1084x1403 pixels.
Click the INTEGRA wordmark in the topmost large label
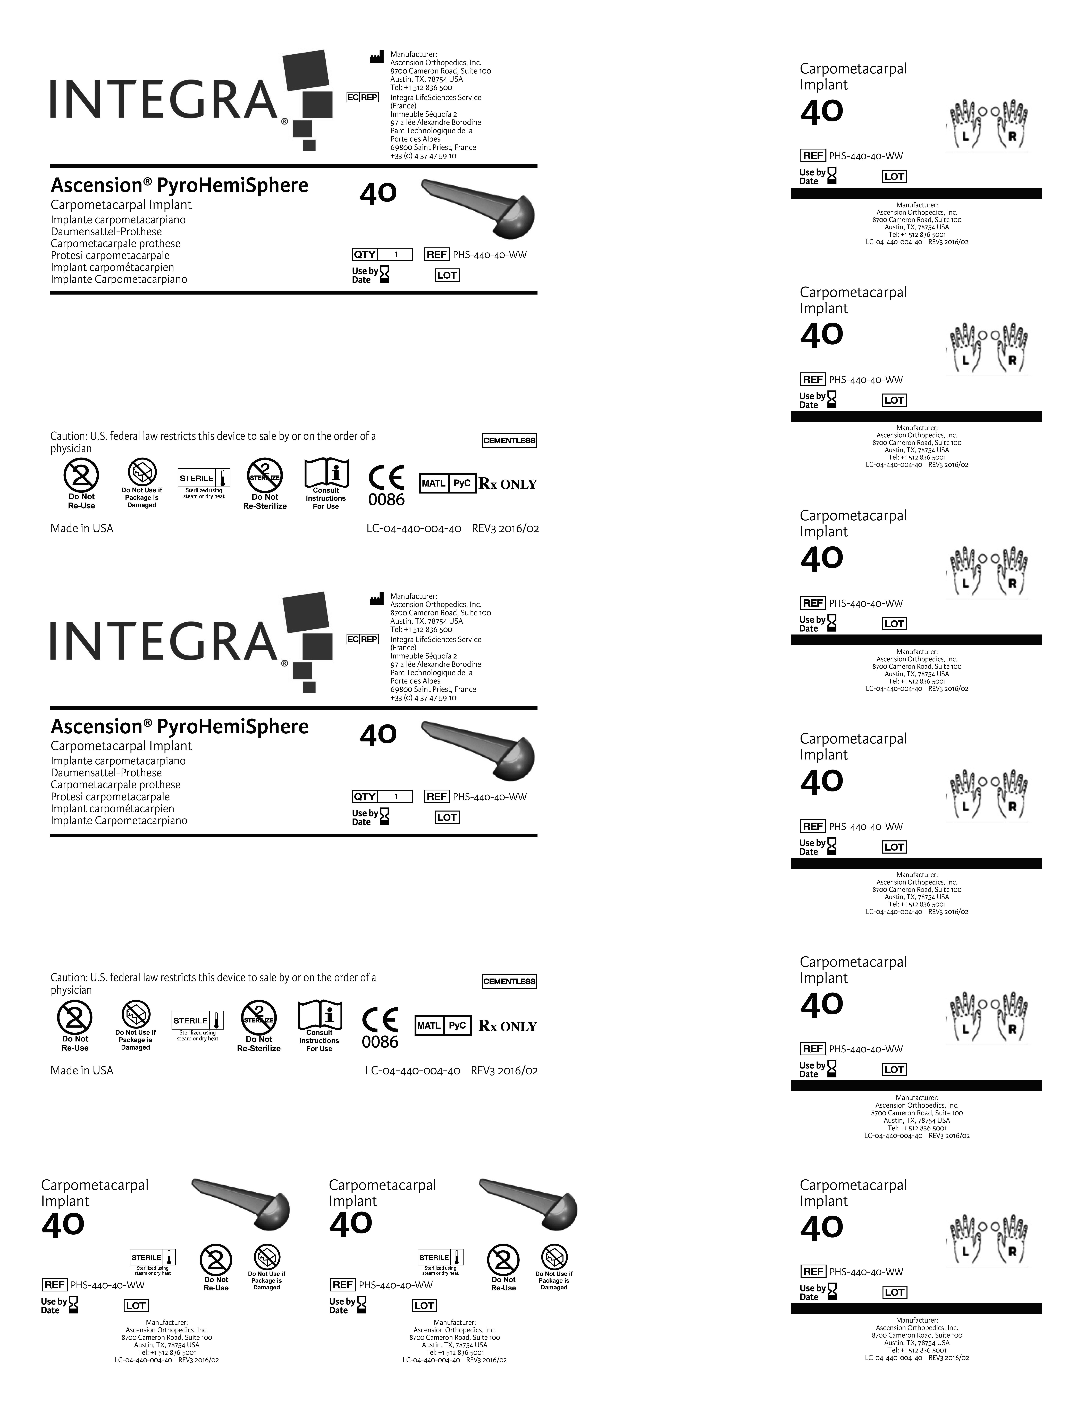point(164,100)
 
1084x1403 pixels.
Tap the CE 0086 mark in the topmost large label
point(387,486)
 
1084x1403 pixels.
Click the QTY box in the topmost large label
point(382,254)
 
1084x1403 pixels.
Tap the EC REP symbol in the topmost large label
point(362,97)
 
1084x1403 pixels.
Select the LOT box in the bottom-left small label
point(136,1305)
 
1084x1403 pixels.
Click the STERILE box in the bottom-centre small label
point(441,1257)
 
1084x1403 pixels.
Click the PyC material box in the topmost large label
point(462,483)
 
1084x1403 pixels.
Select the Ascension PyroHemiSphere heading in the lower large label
point(179,726)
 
